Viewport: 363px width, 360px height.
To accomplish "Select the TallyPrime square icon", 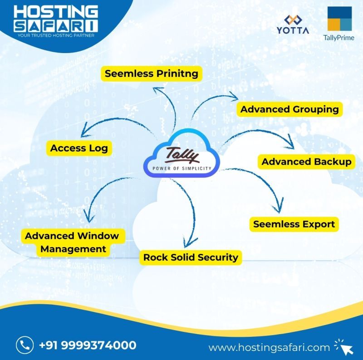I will [340, 19].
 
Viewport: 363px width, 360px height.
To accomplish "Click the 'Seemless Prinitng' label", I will [152, 73].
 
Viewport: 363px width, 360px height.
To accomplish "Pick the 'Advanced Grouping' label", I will [289, 109].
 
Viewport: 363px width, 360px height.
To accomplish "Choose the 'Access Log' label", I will [79, 148].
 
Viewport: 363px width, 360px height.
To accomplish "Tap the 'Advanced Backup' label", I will [306, 162].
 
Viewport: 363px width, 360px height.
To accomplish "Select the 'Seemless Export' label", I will [294, 224].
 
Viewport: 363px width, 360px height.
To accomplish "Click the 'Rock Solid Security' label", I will [191, 258].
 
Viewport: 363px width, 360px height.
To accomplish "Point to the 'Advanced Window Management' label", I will [72, 242].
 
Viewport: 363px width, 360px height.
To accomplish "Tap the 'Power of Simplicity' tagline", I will [181, 168].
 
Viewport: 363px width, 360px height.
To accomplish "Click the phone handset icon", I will [24, 345].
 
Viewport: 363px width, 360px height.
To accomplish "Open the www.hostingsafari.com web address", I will [269, 348].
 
